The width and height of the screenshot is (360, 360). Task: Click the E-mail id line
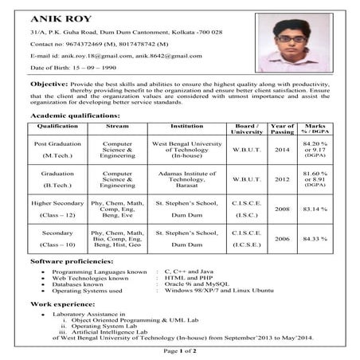[115, 56]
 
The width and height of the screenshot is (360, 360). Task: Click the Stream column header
[117, 126]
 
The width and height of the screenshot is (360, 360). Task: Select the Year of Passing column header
[282, 129]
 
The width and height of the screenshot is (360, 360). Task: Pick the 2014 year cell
[282, 150]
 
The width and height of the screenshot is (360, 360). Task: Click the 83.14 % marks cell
[315, 209]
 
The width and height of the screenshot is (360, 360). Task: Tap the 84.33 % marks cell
[315, 239]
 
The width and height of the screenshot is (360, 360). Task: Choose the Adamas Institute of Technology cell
[186, 179]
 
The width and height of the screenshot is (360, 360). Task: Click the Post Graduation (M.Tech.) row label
[57, 150]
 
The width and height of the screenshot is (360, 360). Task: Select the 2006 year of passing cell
[282, 239]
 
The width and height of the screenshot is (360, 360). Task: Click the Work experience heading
[63, 304]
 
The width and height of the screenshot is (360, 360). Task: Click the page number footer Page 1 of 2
[180, 350]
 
